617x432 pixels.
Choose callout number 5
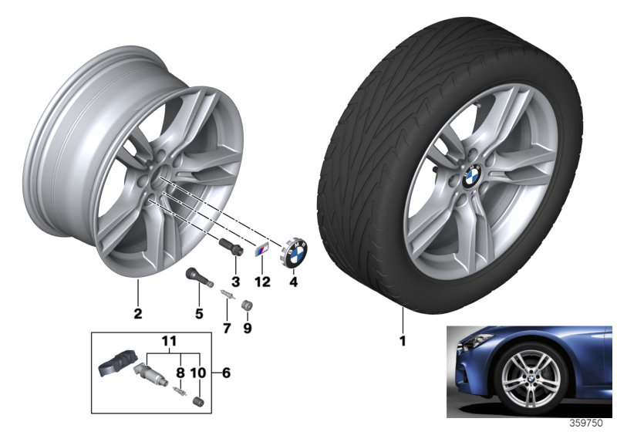coord(198,313)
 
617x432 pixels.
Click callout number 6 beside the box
coord(225,373)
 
